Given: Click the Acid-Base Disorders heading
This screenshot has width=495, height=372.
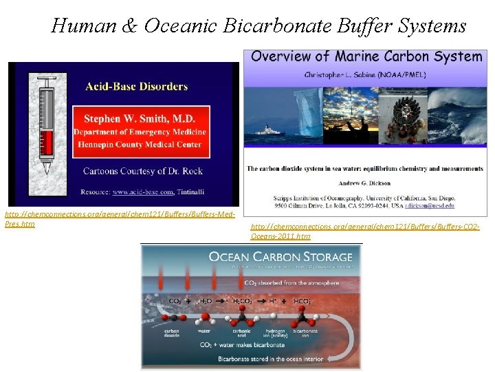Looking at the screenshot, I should (136, 86).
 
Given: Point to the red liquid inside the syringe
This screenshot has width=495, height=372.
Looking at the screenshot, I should (47, 143).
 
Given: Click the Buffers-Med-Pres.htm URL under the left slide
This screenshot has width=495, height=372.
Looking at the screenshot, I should (120, 219).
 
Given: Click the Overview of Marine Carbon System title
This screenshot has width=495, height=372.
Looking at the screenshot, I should (366, 56).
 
